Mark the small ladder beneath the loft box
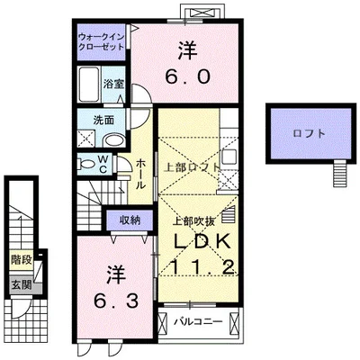[x=340, y=169]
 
